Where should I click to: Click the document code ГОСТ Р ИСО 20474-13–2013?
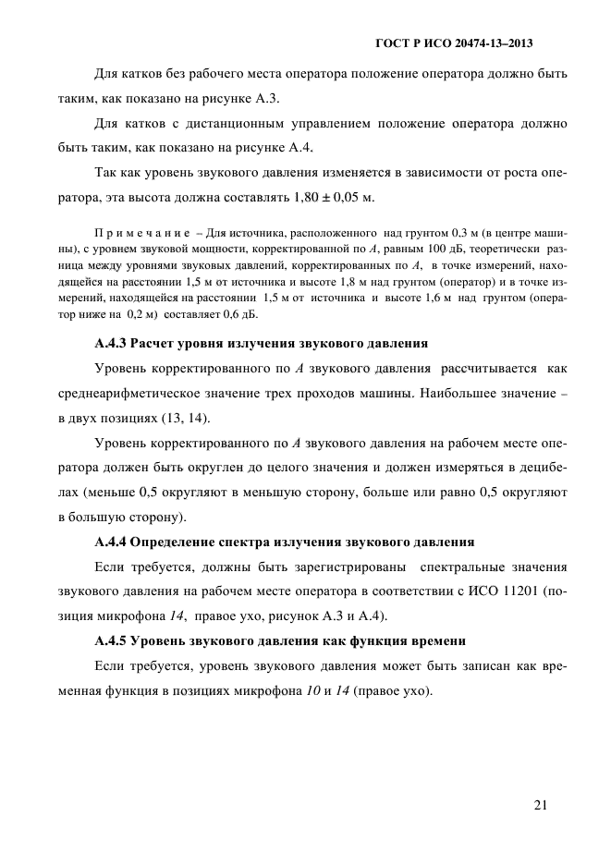[459, 43]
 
